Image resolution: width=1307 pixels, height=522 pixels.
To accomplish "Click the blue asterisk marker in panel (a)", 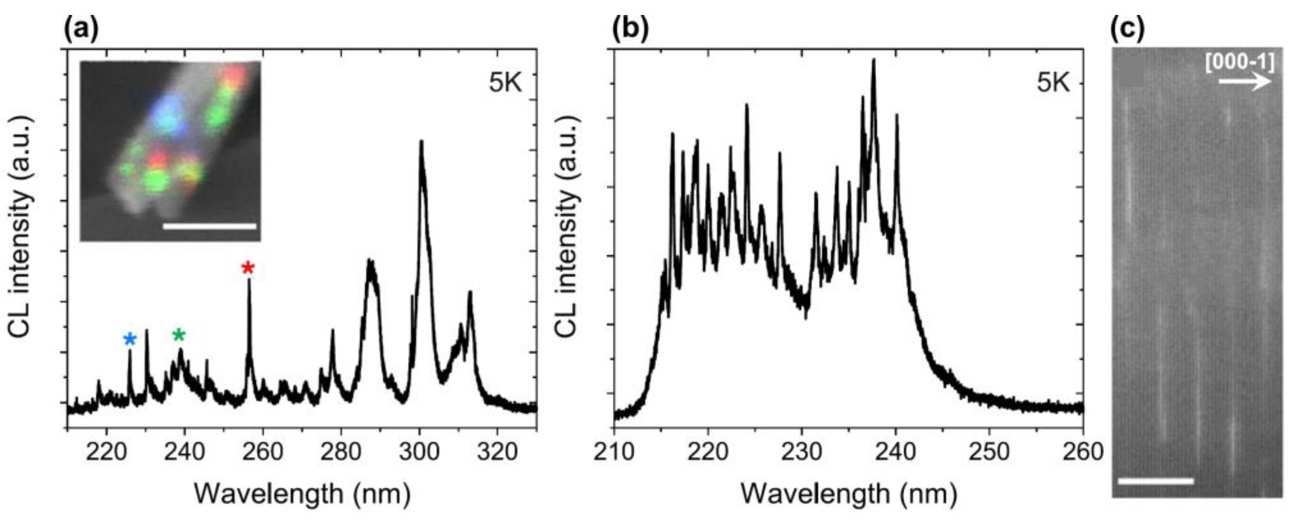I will (131, 340).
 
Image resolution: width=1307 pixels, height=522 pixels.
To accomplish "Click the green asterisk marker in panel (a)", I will (179, 335).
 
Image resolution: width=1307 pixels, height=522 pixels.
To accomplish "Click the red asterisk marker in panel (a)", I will (247, 268).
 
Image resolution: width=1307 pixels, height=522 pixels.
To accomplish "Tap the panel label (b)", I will (630, 29).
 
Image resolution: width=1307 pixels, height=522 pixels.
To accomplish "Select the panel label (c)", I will (1128, 29).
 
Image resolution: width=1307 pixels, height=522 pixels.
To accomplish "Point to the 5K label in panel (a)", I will (505, 82).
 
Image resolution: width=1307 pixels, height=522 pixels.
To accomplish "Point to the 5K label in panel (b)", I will (1053, 82).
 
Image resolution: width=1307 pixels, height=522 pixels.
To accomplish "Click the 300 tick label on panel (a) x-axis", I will (419, 452).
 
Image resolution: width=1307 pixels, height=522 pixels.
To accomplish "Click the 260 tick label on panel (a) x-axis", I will (262, 452).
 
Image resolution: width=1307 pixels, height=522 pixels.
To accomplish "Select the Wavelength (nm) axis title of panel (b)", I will (848, 493).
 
